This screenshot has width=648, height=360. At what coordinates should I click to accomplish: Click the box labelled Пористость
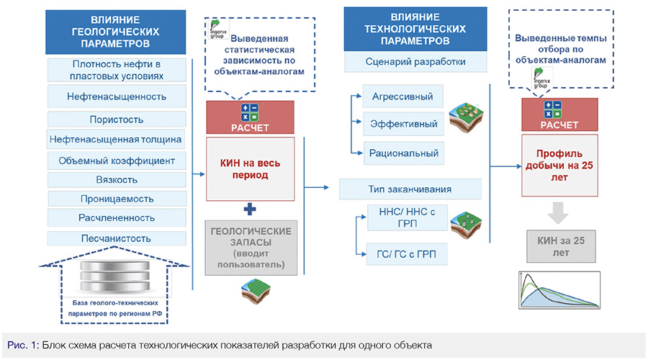coord(115,119)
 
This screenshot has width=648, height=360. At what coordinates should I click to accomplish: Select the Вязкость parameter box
coord(115,179)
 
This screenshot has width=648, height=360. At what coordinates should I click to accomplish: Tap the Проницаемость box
coord(115,197)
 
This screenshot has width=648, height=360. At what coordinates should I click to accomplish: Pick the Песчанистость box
coord(115,237)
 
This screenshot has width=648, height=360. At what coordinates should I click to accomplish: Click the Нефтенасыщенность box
coord(115,96)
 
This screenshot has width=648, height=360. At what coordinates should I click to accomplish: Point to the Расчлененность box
coord(115,217)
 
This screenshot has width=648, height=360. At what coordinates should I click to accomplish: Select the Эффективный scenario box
coord(402,125)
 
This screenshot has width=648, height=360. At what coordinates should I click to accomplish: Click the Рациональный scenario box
coord(402,152)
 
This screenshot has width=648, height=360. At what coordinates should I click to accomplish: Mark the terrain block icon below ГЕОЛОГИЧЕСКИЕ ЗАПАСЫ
coord(257,289)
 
